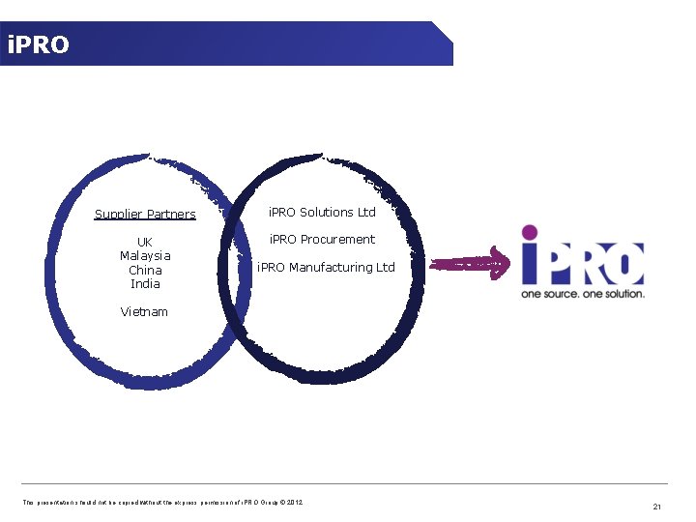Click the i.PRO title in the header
[x=38, y=44]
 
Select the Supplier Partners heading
[x=145, y=214]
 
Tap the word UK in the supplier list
[x=145, y=242]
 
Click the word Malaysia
[x=145, y=255]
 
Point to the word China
[x=145, y=270]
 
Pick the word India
[x=145, y=284]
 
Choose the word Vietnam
[x=144, y=311]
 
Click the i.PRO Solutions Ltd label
[x=322, y=212]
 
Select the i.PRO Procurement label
[x=322, y=239]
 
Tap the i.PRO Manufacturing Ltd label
[x=326, y=267]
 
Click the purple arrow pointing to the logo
[x=469, y=263]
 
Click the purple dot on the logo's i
[x=529, y=232]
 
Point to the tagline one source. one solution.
[x=583, y=293]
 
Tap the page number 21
[x=656, y=506]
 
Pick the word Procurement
[x=337, y=239]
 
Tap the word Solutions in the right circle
[x=326, y=212]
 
